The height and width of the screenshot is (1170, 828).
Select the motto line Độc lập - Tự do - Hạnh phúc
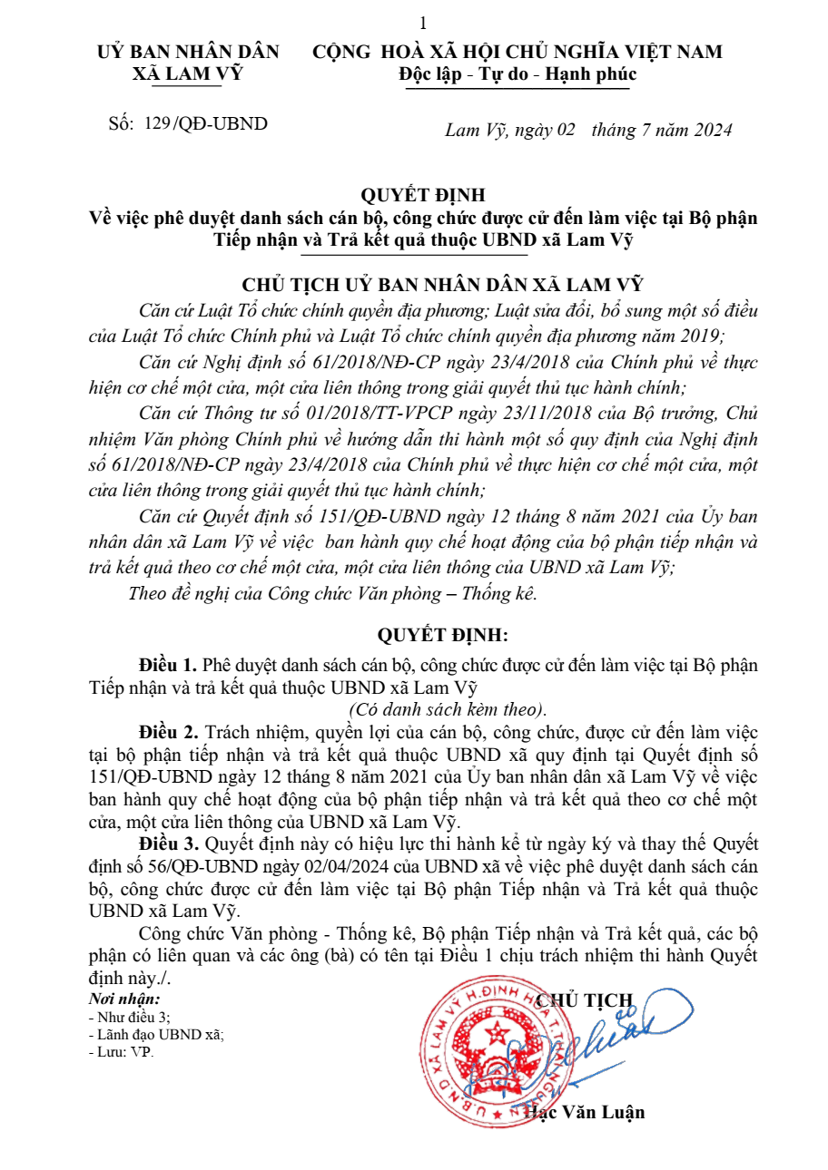coord(517,74)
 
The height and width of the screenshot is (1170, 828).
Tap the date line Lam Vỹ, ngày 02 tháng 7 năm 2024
coord(588,130)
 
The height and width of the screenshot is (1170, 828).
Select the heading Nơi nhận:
coord(123,999)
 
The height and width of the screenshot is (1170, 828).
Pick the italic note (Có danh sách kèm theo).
coord(448,708)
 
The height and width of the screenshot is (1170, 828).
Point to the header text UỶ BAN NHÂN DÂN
coord(188,53)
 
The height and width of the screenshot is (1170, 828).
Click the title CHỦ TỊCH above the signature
coord(585,1000)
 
